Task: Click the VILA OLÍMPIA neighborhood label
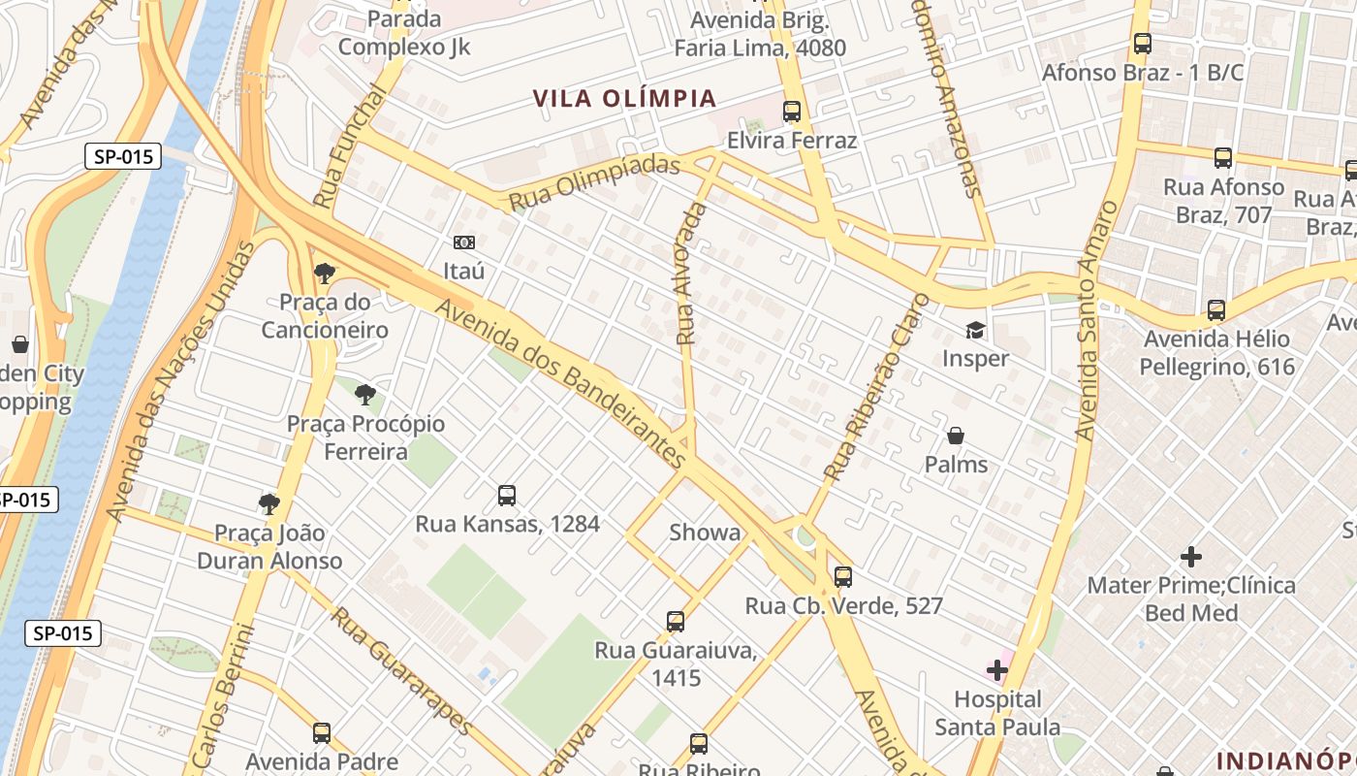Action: click(625, 99)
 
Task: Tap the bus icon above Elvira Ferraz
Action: click(792, 112)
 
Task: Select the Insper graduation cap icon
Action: click(975, 330)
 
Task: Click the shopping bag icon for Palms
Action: click(956, 436)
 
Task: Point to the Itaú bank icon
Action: click(464, 242)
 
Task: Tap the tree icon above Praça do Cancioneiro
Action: click(324, 273)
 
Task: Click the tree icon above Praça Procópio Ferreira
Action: click(364, 394)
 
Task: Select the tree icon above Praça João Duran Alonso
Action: click(269, 502)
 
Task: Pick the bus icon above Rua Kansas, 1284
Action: click(507, 495)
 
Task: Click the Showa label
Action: click(705, 533)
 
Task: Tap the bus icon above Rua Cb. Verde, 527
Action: click(843, 576)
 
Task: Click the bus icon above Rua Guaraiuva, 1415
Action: click(676, 621)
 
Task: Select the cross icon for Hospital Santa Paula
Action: click(997, 669)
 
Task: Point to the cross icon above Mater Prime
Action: click(1191, 557)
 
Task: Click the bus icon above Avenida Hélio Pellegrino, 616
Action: click(1216, 310)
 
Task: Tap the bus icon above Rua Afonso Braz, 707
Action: click(1223, 157)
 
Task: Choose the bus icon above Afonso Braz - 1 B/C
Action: click(1143, 44)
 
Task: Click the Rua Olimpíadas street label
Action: click(594, 182)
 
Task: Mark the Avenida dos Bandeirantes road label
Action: click(562, 385)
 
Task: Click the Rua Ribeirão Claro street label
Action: click(876, 388)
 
